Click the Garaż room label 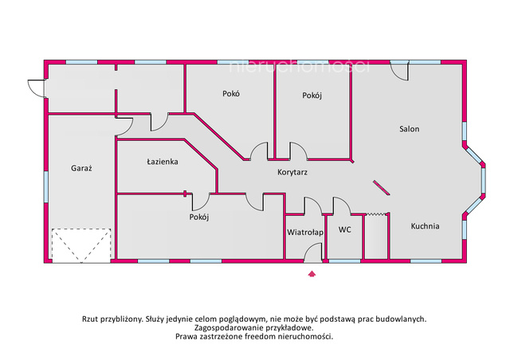tap(81, 168)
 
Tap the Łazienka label tap(163, 162)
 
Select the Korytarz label tap(292, 172)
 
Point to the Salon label tap(409, 129)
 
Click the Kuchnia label tap(425, 226)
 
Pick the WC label tap(345, 229)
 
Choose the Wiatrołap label tap(305, 233)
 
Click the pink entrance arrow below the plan tap(312, 273)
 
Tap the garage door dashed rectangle tap(81, 245)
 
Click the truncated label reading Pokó tap(231, 94)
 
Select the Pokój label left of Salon tap(312, 96)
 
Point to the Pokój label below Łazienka tap(199, 217)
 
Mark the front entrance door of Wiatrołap tap(313, 253)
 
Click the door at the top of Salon tap(399, 70)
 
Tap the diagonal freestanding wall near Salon tap(382, 188)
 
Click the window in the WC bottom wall tap(344, 261)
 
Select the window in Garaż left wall tap(46, 187)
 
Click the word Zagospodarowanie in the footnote tap(225, 327)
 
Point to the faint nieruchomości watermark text tap(300, 66)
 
